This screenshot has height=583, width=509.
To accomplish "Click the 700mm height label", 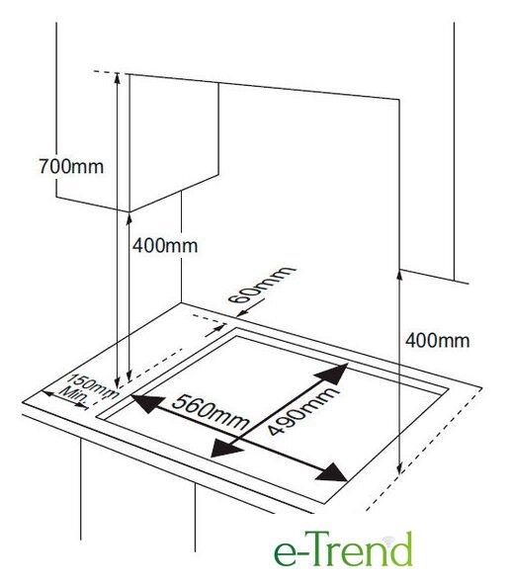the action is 71,166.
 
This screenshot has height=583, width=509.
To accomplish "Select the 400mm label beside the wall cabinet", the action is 165,246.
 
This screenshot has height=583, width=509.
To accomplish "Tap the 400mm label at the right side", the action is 438,341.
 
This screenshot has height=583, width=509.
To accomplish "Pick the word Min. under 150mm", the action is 73,396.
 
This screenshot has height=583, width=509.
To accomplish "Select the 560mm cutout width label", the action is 211,412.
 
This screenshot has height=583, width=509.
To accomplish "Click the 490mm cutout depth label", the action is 303,411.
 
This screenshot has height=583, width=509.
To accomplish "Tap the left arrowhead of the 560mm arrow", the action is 147,403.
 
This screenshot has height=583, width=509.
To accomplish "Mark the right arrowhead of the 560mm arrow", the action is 332,473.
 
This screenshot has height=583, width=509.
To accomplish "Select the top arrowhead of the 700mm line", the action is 117,78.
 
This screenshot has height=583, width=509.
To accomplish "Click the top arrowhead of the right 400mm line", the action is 399,275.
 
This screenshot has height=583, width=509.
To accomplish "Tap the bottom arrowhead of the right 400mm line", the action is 399,470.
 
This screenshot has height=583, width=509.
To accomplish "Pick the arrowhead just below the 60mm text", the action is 242,314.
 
